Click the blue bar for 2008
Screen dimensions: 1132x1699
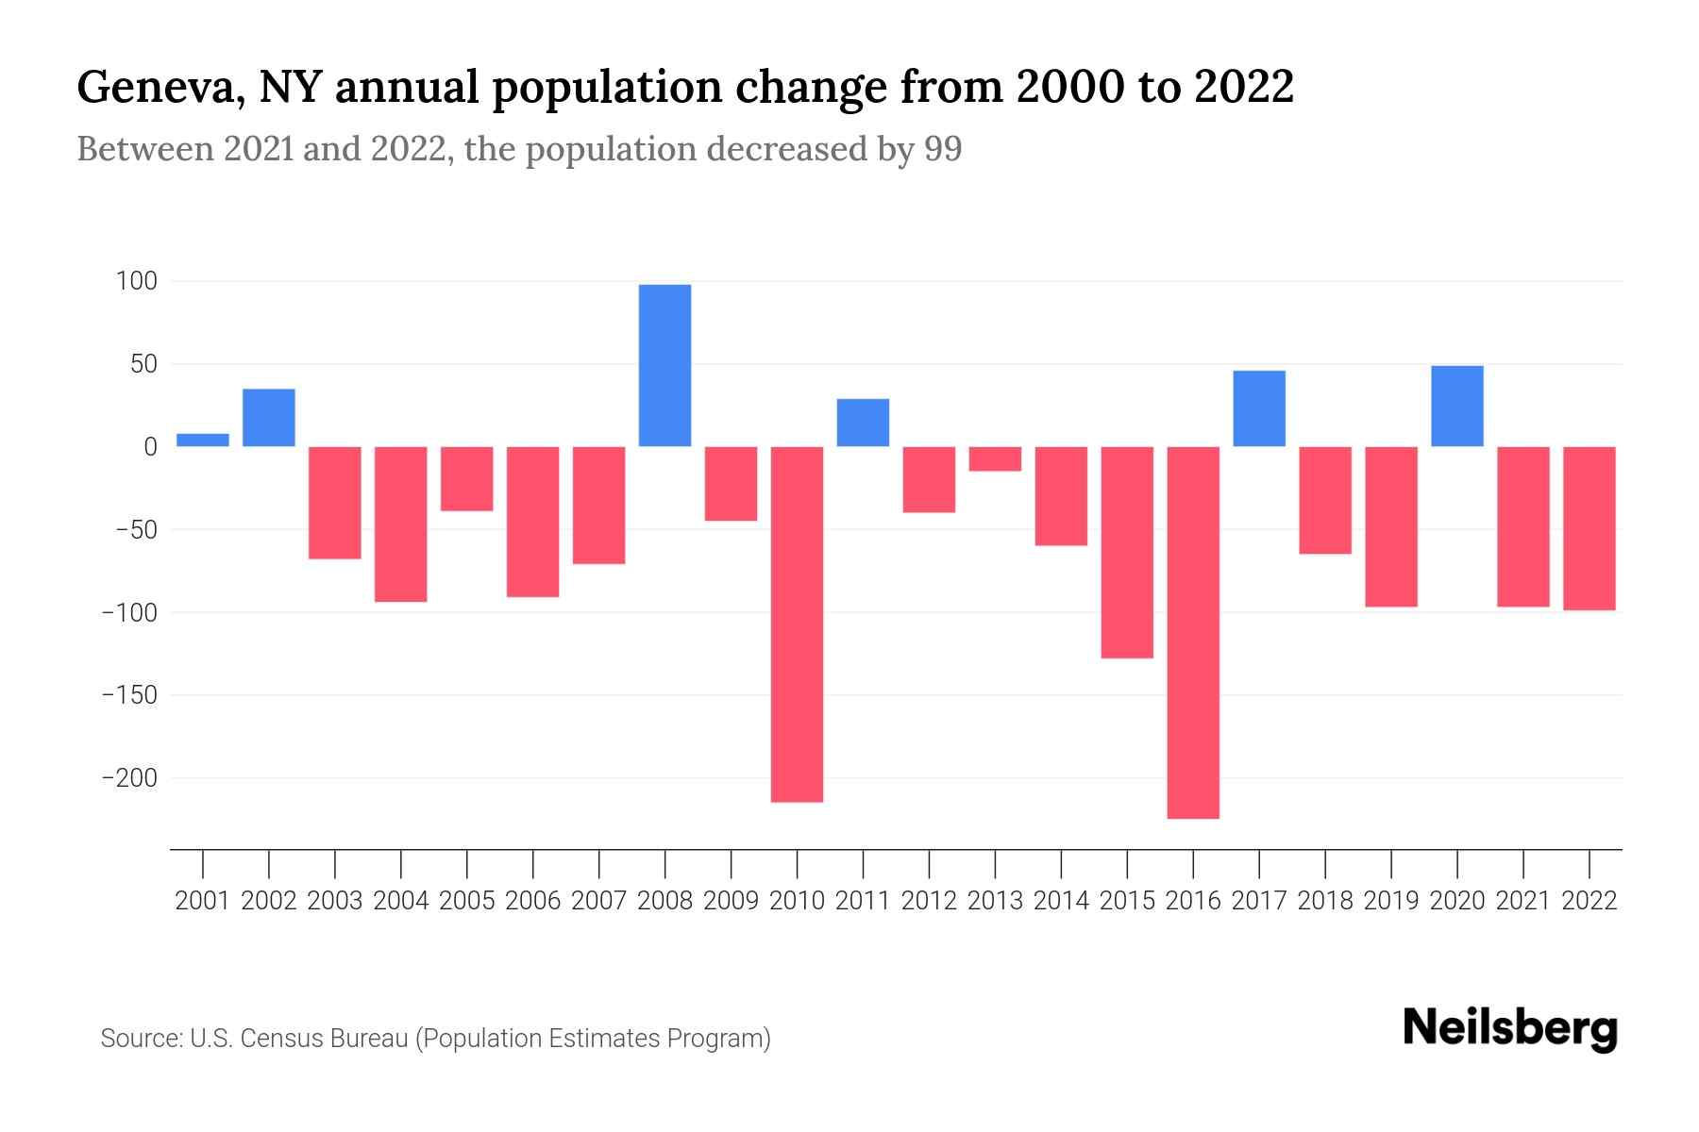tap(664, 365)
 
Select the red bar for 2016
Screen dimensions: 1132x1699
tap(1193, 632)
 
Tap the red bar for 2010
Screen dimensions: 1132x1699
tap(797, 624)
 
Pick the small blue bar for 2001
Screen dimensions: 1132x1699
tap(203, 440)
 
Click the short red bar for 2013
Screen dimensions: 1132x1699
tap(995, 458)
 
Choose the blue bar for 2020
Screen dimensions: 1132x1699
tap(1456, 406)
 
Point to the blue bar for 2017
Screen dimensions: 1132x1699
tap(1258, 408)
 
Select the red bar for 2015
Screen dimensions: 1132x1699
tap(1127, 552)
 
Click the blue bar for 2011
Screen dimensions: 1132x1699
tap(863, 423)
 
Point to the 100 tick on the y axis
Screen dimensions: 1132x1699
tap(137, 281)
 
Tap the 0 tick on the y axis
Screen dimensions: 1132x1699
tap(149, 447)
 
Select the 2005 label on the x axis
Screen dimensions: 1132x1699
tap(467, 901)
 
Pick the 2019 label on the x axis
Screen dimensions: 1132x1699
tap(1391, 901)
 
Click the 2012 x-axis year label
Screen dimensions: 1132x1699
tap(929, 901)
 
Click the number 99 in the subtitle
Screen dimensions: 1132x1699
tap(943, 149)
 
